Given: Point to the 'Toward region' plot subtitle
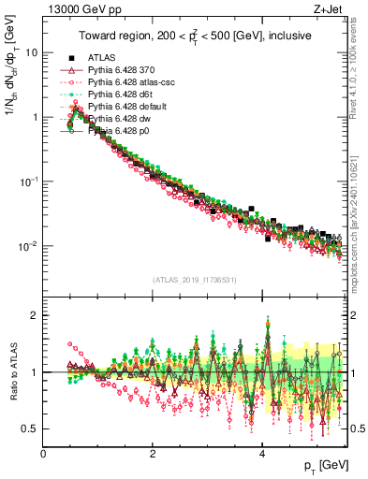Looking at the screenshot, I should (194, 36).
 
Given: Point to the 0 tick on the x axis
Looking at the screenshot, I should (44, 452).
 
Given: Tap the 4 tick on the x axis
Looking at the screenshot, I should (262, 452).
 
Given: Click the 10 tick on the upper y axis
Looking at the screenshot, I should (32, 52).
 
